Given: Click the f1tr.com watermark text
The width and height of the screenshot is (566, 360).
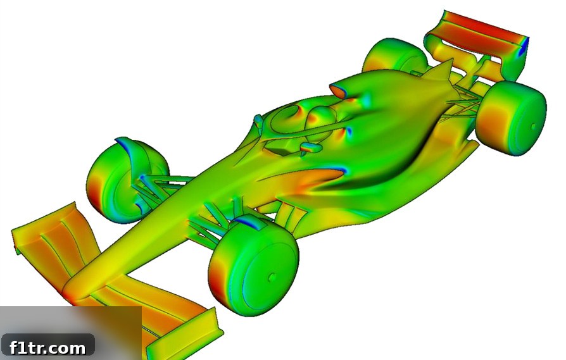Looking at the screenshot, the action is [47, 348].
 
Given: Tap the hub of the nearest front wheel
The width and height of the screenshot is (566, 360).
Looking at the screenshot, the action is [272, 277].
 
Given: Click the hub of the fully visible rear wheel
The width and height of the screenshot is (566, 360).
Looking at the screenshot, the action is [534, 127].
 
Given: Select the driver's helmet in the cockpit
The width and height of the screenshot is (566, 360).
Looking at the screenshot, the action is [320, 119].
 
